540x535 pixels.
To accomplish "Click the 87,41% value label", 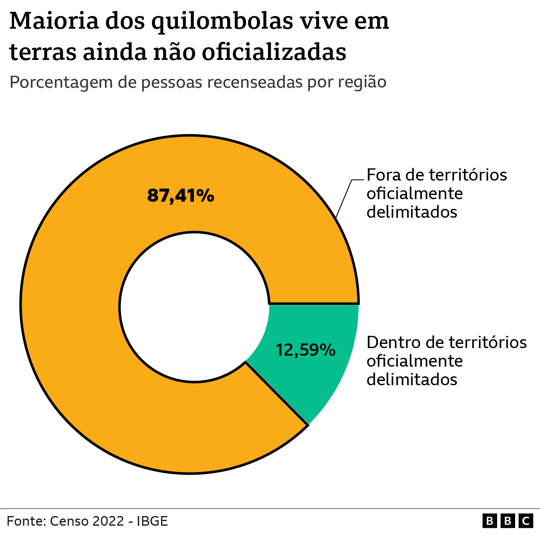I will click(180, 196).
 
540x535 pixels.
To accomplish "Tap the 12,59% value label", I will click(306, 350).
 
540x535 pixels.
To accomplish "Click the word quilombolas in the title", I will click(222, 21).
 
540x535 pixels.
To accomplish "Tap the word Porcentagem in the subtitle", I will click(62, 83).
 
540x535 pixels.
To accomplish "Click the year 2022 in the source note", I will click(108, 521).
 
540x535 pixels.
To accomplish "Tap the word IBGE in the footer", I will click(153, 521).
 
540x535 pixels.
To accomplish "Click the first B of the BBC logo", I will click(489, 521).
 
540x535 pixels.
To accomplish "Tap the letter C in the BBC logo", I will click(526, 521).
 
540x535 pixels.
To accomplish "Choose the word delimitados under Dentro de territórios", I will click(412, 379).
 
